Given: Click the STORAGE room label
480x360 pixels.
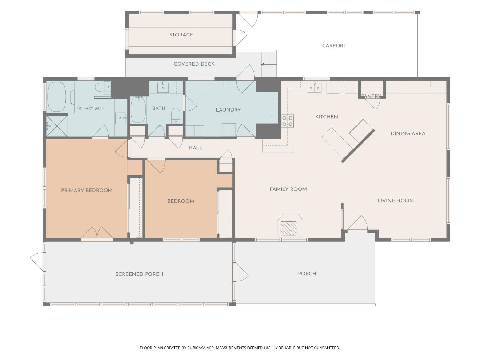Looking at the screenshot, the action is click(181, 35).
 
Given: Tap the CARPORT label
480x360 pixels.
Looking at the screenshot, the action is click(334, 46).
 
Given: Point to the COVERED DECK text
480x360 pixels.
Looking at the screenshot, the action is click(194, 64).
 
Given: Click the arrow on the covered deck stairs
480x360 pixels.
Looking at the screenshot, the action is click(269, 65).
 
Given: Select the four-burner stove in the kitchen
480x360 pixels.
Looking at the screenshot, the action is click(287, 121).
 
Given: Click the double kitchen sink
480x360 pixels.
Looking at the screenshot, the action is click(314, 87).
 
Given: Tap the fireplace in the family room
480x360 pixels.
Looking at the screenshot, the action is click(290, 226).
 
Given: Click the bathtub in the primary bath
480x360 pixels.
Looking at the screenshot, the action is click(56, 97).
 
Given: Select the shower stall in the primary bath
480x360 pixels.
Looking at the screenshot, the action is click(57, 126).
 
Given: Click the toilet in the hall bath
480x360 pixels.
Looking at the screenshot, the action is click(175, 116).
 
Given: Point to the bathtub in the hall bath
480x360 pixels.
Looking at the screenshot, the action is click(138, 110).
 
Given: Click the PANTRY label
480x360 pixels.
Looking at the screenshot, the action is click(371, 96).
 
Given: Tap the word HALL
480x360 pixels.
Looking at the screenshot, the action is click(195, 148).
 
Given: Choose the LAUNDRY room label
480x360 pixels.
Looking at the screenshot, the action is click(228, 110).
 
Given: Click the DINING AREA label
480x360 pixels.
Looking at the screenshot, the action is click(408, 133).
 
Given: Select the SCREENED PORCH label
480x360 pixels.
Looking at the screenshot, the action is click(139, 274).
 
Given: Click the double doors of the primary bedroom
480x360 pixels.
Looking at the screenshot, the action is click(97, 233).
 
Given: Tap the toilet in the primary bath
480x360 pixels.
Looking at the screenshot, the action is click(103, 87).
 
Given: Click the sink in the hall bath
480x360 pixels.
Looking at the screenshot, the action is click(163, 87).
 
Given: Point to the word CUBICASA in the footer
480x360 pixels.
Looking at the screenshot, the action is click(196, 348).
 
